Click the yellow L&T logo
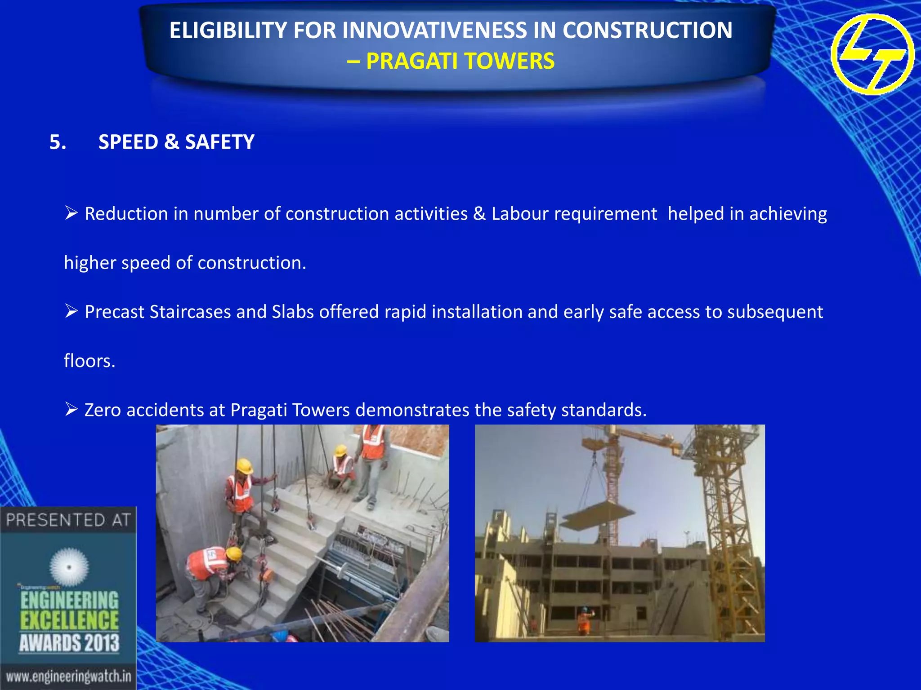click(x=872, y=54)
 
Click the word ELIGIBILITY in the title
click(x=227, y=31)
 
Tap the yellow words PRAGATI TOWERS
click(x=460, y=61)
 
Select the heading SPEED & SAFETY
click(x=176, y=142)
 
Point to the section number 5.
click(x=58, y=142)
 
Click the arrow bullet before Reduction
click(x=71, y=212)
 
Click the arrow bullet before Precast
click(x=71, y=311)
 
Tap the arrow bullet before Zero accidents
click(x=71, y=409)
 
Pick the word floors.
click(x=89, y=361)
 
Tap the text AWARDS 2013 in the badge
click(x=69, y=643)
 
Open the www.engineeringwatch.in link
click(x=68, y=676)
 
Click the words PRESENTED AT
click(x=68, y=520)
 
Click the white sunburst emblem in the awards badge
click(x=69, y=567)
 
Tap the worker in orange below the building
click(x=584, y=621)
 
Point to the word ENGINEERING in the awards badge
click(x=69, y=600)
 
